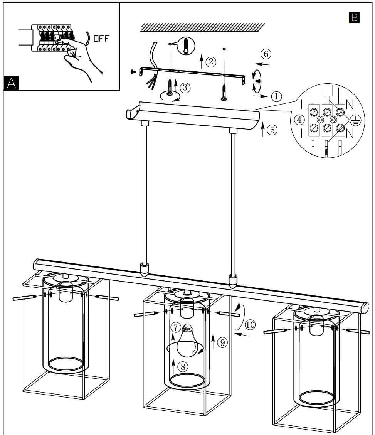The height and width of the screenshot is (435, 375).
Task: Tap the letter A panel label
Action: (x=11, y=83)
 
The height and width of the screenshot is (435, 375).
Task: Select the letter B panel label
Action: (x=354, y=17)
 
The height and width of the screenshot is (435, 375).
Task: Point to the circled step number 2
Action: (x=210, y=61)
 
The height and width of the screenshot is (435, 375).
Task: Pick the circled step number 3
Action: (x=185, y=88)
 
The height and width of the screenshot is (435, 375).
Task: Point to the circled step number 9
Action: (x=221, y=342)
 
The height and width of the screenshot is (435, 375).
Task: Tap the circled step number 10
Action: (x=250, y=325)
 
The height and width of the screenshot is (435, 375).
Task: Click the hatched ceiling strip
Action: (x=203, y=27)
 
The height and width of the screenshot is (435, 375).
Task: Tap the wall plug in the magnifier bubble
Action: (x=186, y=45)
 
